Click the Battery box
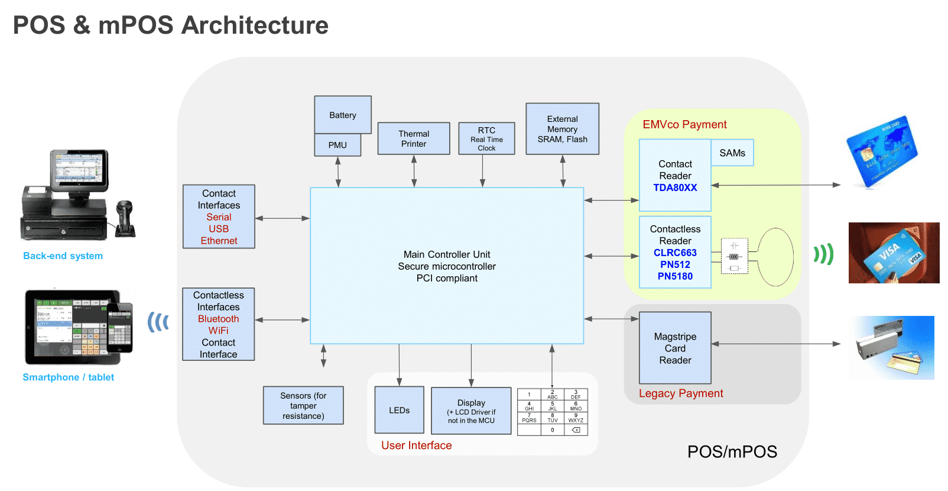[x=343, y=115]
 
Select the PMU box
[x=337, y=145]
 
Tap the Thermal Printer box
[x=414, y=138]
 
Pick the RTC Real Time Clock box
[x=486, y=138]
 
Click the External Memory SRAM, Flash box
[x=563, y=129]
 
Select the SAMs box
[x=732, y=153]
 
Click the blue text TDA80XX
[x=675, y=188]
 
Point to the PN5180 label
[x=675, y=276]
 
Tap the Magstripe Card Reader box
[x=675, y=348]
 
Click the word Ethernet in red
[x=219, y=241]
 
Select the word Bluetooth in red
[x=218, y=319]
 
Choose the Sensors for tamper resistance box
[x=303, y=405]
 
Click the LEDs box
[x=399, y=410]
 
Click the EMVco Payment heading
[x=684, y=125]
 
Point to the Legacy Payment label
[x=681, y=393]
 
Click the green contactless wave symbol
[x=823, y=254]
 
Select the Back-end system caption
[x=63, y=256]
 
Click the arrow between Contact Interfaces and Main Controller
[x=283, y=218]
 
